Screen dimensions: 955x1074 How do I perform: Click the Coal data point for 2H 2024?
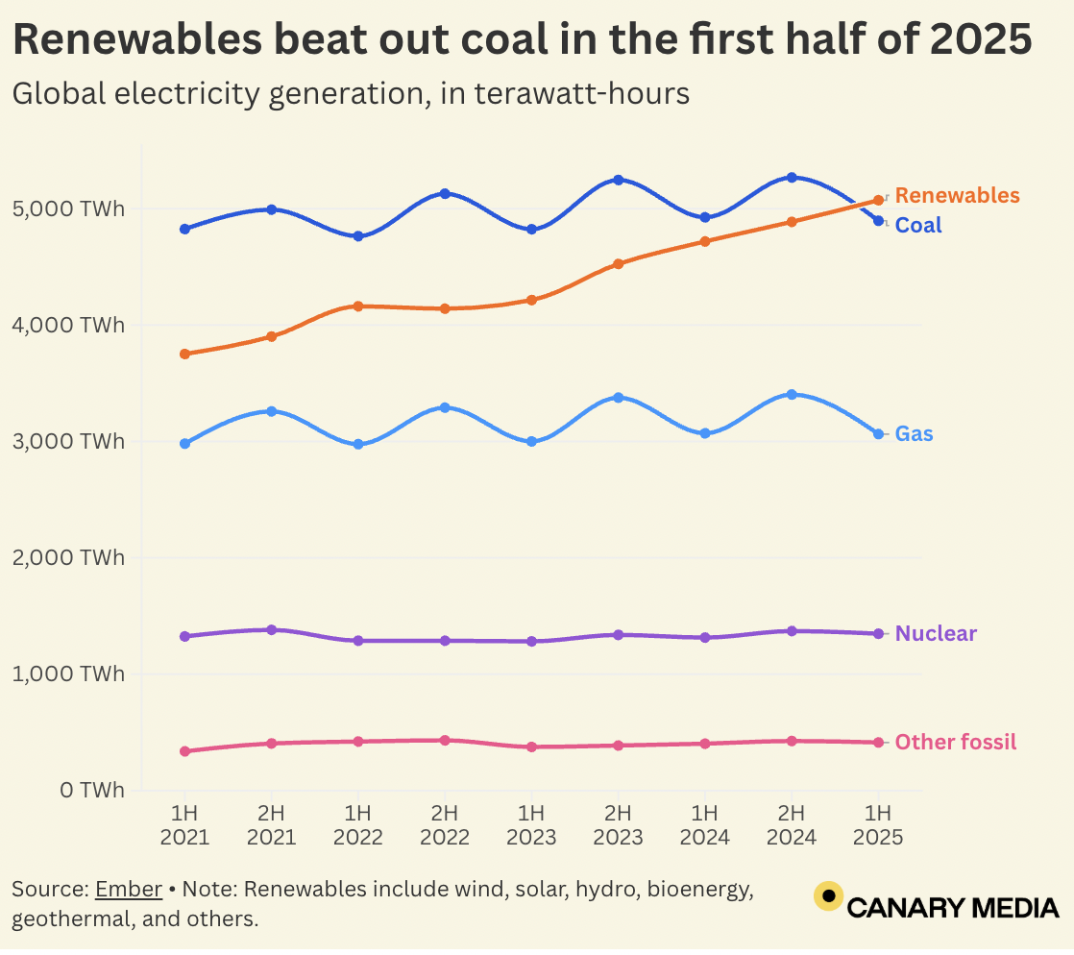click(792, 178)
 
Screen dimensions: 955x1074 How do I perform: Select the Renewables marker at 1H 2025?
click(878, 200)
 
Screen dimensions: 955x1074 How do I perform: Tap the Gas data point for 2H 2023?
click(618, 397)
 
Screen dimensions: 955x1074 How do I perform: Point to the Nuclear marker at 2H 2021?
click(271, 629)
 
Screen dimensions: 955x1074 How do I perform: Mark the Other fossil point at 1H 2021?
click(184, 751)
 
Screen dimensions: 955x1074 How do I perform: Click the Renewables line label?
click(957, 196)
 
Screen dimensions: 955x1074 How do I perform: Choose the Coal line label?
click(918, 226)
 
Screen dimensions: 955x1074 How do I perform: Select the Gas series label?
click(914, 434)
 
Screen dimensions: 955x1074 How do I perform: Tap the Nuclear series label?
click(936, 634)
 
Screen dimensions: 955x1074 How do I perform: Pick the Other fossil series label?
click(955, 743)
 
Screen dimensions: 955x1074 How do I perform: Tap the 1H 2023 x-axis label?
click(531, 823)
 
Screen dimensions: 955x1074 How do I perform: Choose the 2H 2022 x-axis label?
click(444, 823)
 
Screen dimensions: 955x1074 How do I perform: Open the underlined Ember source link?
click(128, 890)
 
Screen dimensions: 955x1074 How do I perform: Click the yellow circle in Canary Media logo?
click(828, 896)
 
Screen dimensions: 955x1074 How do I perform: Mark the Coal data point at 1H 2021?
click(184, 229)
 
